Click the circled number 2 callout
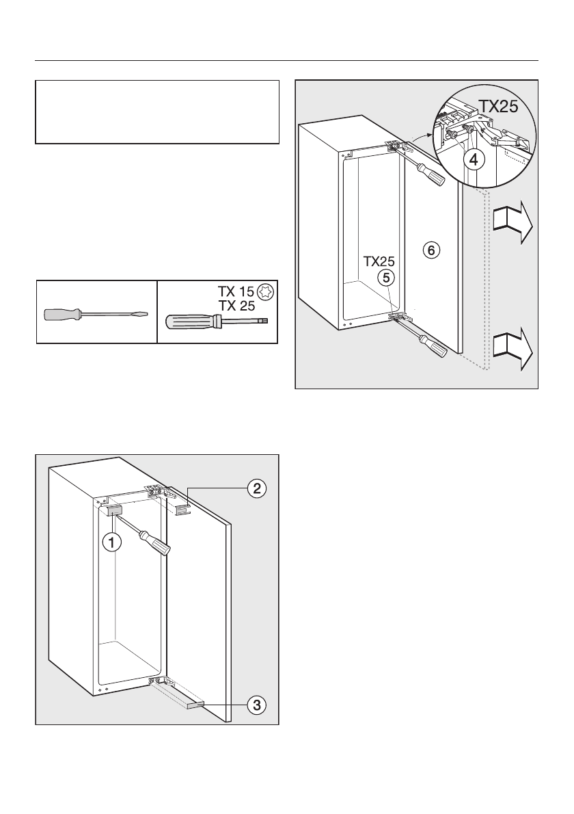(x=256, y=488)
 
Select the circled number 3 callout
(x=256, y=704)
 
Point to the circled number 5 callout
(x=387, y=278)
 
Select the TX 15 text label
(x=230, y=291)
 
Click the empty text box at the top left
(x=157, y=112)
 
